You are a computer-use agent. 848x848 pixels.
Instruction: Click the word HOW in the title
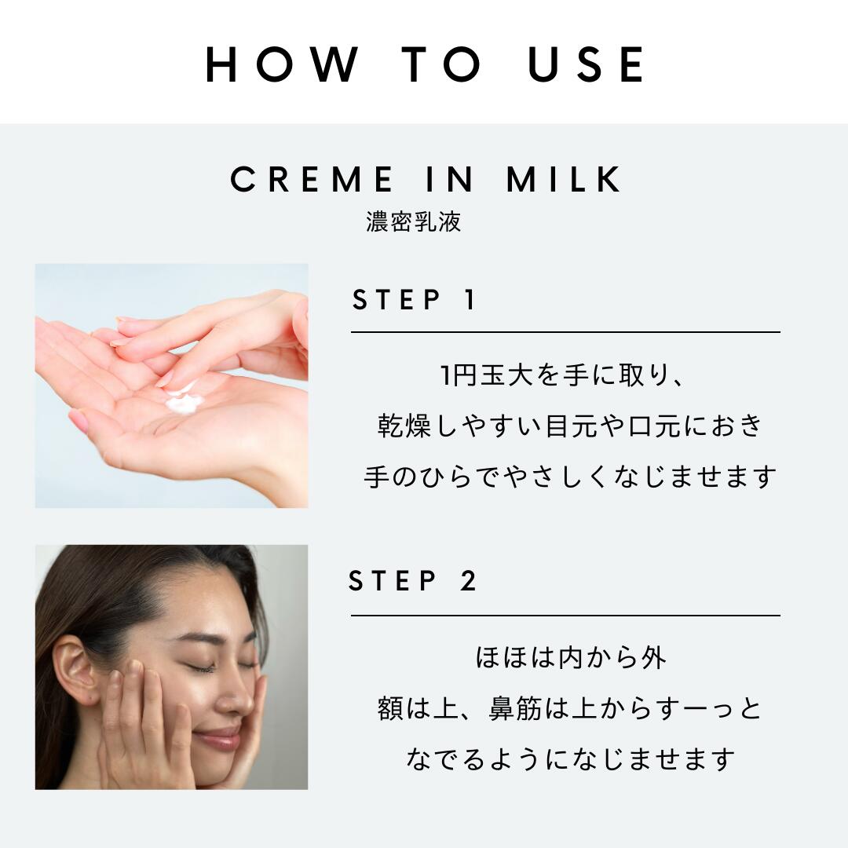point(280,64)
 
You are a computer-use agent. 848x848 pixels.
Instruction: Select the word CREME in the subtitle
point(313,180)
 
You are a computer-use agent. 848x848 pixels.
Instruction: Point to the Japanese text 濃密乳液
point(413,221)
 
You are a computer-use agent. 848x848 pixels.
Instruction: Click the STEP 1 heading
point(415,300)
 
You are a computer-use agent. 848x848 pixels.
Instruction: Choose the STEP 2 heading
point(413,582)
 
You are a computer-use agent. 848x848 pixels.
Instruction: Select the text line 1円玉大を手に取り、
point(565,376)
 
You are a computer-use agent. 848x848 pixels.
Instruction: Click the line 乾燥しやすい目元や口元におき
point(570,426)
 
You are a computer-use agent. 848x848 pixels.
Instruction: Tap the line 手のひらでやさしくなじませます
point(570,477)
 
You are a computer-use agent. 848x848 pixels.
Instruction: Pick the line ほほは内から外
point(570,658)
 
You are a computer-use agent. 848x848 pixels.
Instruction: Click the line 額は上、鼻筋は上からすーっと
point(570,709)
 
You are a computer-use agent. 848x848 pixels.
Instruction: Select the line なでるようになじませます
point(570,759)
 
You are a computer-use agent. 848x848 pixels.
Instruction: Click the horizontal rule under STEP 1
point(565,332)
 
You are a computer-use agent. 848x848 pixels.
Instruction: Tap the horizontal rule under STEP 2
point(565,616)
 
